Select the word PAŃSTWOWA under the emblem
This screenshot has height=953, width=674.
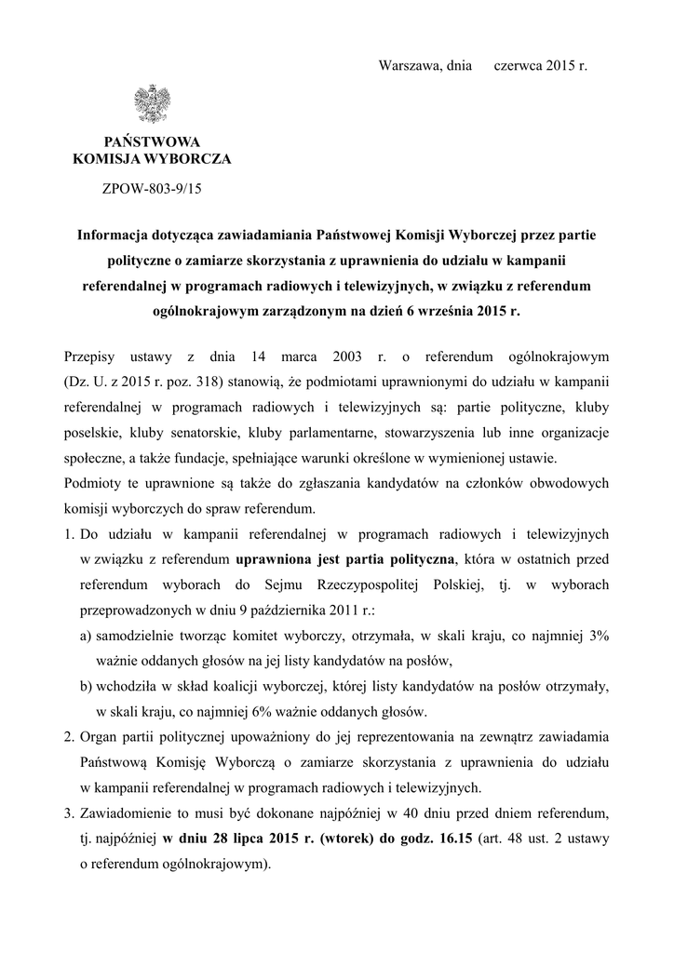[151, 141]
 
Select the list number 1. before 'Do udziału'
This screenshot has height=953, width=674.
[70, 534]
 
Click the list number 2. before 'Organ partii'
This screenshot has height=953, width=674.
[70, 738]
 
